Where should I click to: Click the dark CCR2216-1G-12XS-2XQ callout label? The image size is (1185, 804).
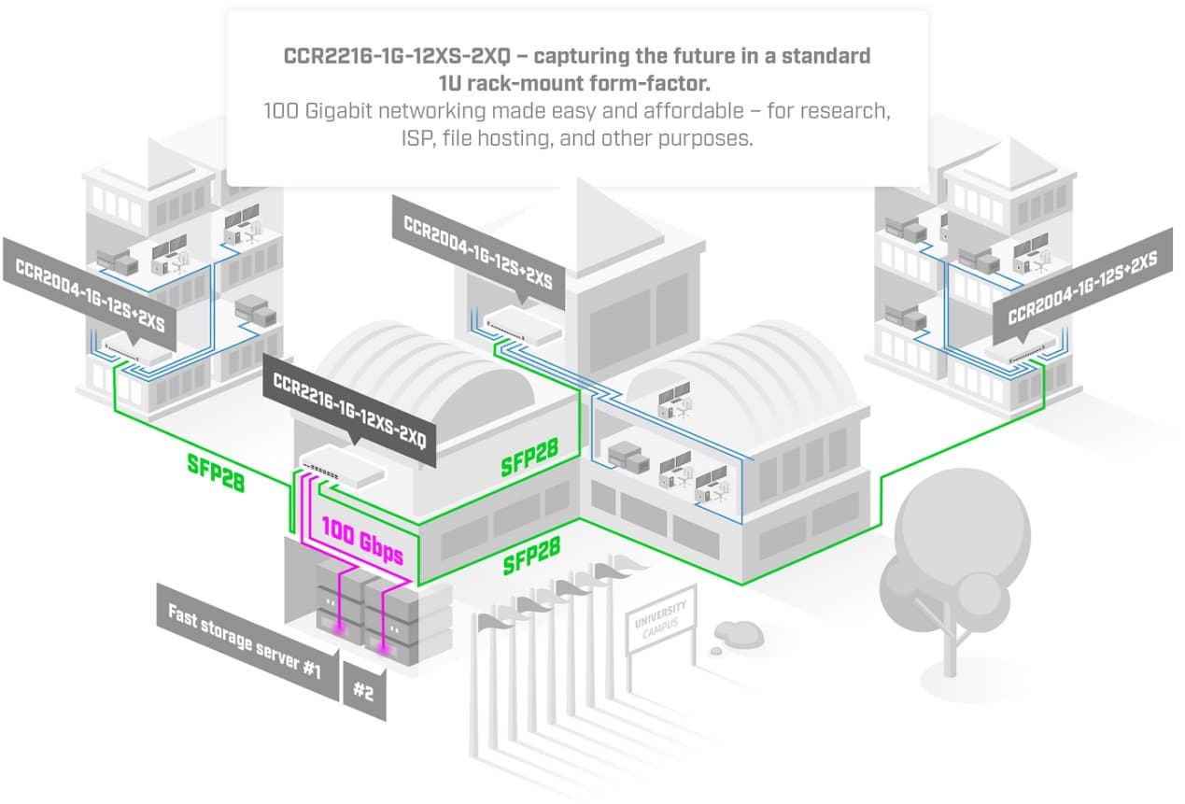(350, 408)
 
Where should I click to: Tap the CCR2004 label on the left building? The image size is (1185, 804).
(90, 295)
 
